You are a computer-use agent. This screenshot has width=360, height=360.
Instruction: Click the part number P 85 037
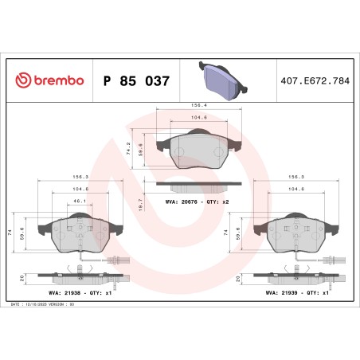(x=135, y=80)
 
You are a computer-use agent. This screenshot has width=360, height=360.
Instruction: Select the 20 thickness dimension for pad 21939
(x=238, y=279)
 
